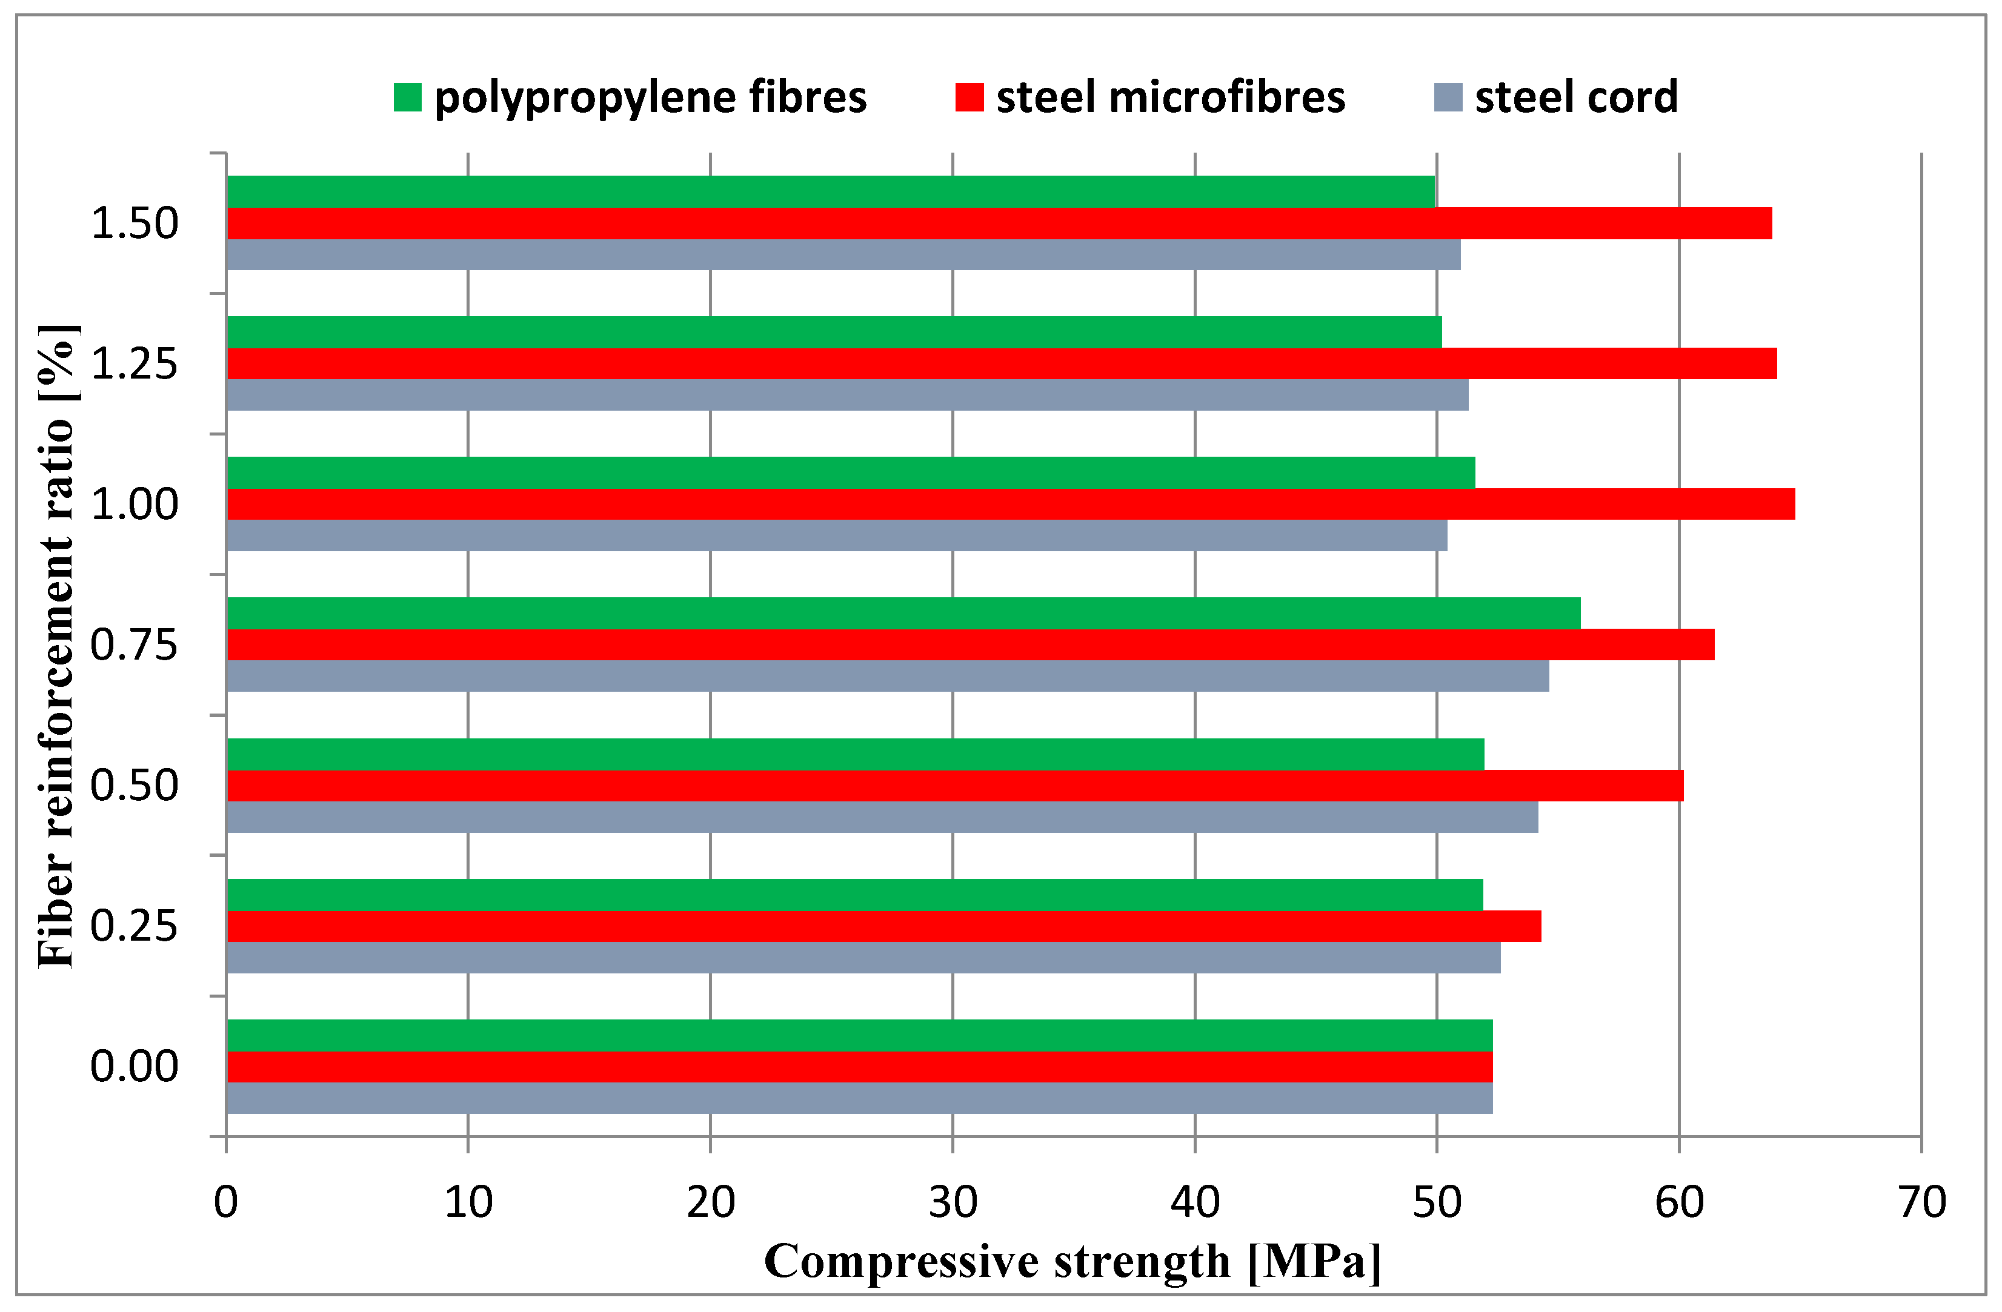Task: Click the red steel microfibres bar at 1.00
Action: click(1009, 504)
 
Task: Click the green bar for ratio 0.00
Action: click(859, 1035)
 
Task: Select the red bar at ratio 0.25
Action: click(883, 926)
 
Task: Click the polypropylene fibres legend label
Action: click(650, 98)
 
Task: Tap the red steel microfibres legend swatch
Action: click(969, 98)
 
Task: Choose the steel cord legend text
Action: click(1575, 98)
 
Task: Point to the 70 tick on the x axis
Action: click(1922, 1203)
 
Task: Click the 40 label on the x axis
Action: click(1194, 1203)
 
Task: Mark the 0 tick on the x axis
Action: click(225, 1203)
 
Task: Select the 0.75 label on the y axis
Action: click(134, 645)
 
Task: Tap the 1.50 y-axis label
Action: click(134, 224)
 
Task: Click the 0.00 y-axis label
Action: click(134, 1067)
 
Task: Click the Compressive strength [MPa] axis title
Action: click(1072, 1262)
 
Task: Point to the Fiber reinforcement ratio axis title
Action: click(57, 645)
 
